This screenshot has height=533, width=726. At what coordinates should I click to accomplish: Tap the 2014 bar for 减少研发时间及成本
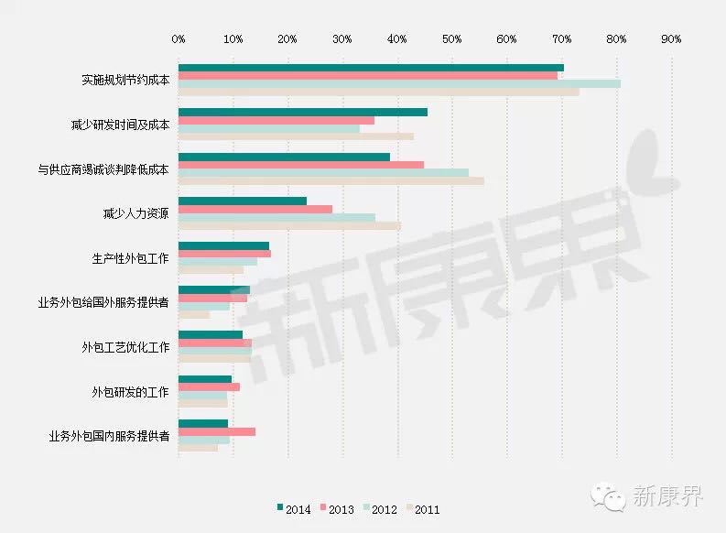coord(303,112)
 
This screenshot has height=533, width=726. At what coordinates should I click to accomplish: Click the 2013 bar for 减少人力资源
coord(255,209)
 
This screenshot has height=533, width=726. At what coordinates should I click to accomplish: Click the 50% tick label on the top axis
coord(452,39)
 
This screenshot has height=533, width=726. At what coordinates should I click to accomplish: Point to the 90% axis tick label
coord(671,39)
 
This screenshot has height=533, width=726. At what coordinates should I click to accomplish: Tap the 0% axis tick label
coord(179,39)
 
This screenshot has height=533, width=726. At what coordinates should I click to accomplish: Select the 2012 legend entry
coord(379,508)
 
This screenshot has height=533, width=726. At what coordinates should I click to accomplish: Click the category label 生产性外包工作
coord(124,258)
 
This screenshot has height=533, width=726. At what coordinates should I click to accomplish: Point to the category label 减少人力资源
coord(135,214)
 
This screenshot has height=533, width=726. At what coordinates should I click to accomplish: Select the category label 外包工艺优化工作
coord(125,348)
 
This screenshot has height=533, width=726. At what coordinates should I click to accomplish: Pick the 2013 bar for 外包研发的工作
coord(209,387)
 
